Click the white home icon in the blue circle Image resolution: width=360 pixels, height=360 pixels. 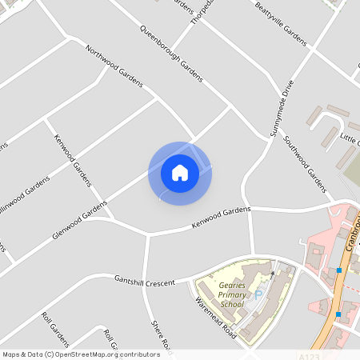pos(180,173)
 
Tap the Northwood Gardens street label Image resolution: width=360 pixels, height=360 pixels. pos(114,66)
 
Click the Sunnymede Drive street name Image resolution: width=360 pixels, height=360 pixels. pos(283,108)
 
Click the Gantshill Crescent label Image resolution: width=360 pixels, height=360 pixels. pos(144,280)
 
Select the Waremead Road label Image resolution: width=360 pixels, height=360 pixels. pos(215,317)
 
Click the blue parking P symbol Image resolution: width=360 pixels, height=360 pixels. pos(258,295)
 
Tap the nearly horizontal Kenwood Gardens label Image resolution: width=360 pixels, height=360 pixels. pos(221,217)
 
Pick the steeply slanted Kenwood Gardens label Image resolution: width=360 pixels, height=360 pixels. pos(73,161)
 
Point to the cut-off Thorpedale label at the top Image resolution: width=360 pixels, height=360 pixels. pos(202,10)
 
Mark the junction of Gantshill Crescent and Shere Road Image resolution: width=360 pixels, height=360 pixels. pos(146,280)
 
